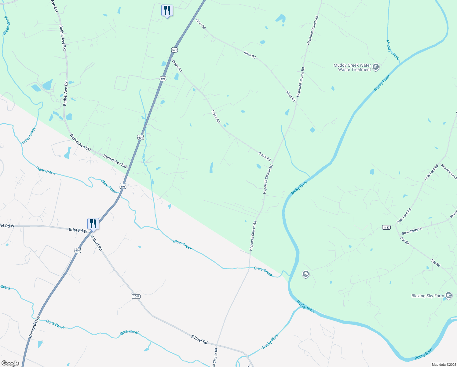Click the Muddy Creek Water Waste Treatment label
coord(352,67)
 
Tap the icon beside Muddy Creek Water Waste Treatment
coord(376,67)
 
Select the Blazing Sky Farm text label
coord(428,296)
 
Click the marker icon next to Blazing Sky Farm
coord(448,295)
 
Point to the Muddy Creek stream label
coord(393,50)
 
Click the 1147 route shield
coord(386,227)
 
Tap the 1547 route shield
coord(136,296)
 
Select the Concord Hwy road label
coord(35,327)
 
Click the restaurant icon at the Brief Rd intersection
coord(93,224)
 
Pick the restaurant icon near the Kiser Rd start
coord(167,10)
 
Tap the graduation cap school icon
coord(305,274)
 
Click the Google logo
coord(10,363)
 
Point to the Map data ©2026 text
coord(444,365)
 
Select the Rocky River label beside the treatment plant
coord(382,83)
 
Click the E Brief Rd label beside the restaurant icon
coord(97,243)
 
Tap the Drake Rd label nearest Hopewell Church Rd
coord(265,156)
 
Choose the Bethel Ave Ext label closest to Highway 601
coord(115,161)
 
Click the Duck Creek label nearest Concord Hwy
coord(55,324)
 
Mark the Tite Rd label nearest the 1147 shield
coord(405,241)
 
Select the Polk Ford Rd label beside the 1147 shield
coord(404,216)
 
